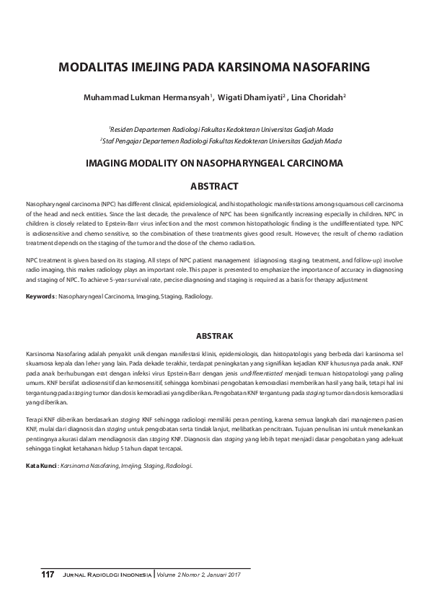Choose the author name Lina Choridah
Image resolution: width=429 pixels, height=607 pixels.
click(318, 96)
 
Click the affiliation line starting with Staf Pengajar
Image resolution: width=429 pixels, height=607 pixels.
click(221, 140)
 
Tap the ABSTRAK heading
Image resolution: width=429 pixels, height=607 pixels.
click(214, 335)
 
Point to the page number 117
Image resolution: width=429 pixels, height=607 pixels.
click(48, 575)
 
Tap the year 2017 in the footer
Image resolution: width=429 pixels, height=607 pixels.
click(231, 575)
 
